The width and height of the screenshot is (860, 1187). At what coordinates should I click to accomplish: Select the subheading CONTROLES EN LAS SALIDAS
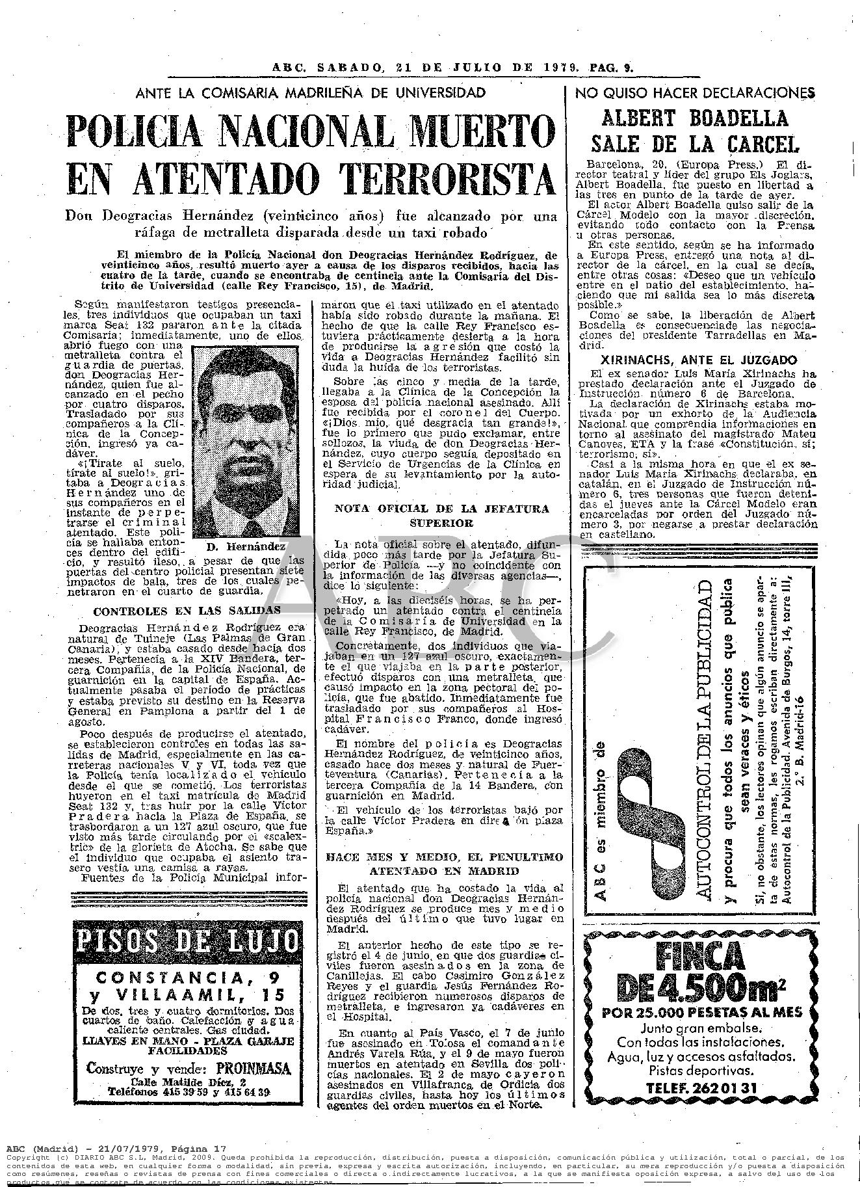point(187,611)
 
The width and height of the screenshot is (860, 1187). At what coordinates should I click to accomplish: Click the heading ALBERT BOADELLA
point(695,118)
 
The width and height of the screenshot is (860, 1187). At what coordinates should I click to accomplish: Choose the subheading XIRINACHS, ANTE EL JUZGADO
point(695,360)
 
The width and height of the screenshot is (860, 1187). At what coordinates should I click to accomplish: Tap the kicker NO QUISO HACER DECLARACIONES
point(695,92)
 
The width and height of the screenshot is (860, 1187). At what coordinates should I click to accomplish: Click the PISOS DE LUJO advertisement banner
point(187,940)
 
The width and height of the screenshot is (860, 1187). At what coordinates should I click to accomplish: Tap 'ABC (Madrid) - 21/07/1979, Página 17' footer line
point(115,1148)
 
